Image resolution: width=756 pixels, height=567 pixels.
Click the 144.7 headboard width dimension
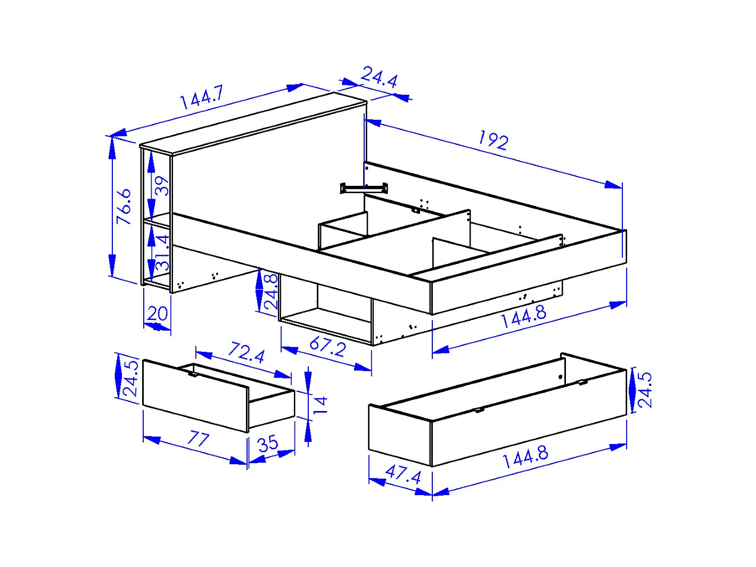pos(201,97)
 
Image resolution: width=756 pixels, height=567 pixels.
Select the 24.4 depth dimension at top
pos(379,78)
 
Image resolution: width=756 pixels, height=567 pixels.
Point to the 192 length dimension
pos(493,140)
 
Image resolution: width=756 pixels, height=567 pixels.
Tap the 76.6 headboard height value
pos(124,206)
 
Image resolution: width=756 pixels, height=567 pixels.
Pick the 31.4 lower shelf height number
pos(162,252)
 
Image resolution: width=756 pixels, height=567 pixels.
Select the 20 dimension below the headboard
pos(158,314)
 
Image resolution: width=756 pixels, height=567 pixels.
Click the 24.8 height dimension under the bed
pos(271,292)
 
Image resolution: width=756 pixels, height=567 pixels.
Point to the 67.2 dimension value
pos(327,347)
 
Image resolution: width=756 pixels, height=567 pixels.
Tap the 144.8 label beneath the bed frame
pos(523,317)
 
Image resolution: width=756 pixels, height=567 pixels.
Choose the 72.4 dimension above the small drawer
pos(246,352)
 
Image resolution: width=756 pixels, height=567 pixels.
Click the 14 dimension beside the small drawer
pos(321,405)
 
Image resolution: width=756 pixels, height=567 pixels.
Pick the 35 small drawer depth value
pos(268,443)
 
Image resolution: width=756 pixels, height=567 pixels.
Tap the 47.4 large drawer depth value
pos(402,473)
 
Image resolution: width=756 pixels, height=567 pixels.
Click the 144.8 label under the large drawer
pos(525,457)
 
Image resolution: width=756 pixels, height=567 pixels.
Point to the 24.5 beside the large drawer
pos(645,390)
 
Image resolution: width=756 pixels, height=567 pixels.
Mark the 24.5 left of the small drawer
pos(130,379)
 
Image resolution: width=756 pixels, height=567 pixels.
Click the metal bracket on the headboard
pos(364,187)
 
